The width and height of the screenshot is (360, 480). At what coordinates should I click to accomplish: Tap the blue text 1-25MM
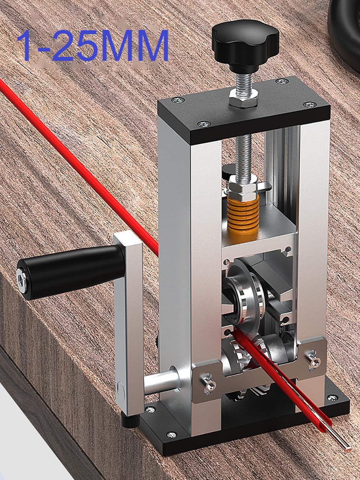(93, 46)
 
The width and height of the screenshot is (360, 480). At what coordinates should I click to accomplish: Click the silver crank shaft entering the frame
(161, 381)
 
